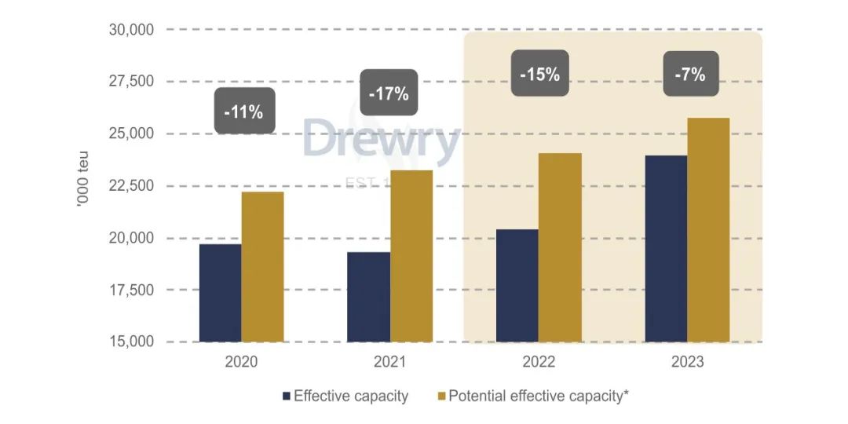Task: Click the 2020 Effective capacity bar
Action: pos(221,293)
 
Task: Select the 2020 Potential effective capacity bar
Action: pos(262,267)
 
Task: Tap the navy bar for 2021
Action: pos(369,297)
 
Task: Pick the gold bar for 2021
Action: pos(411,256)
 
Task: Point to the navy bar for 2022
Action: pos(517,286)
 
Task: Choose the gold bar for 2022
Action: pos(560,247)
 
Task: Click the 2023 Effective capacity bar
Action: pos(666,249)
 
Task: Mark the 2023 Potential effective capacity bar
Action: pos(708,230)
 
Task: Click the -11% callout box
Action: pos(244,111)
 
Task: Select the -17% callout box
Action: pos(389,93)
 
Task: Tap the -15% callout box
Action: pos(540,75)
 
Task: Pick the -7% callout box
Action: pos(690,75)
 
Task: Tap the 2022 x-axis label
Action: pos(539,363)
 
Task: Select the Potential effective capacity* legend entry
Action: pos(534,396)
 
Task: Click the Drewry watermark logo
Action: pos(380,141)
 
